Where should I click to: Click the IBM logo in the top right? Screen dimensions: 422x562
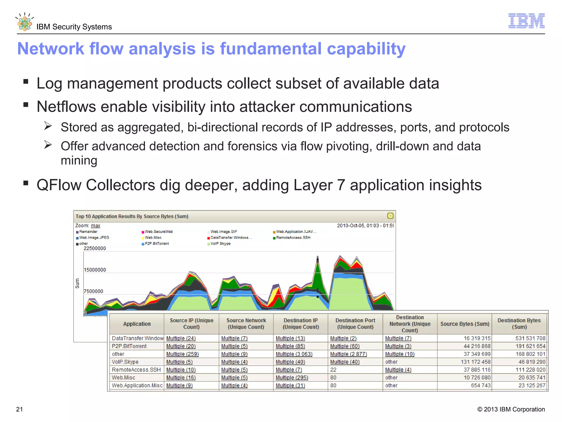(x=526, y=21)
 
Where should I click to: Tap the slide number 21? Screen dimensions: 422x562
(x=19, y=409)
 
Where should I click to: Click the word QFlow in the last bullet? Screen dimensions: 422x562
(x=59, y=185)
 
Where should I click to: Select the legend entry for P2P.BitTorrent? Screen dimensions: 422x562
(x=157, y=244)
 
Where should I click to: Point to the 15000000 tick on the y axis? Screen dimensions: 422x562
(x=95, y=270)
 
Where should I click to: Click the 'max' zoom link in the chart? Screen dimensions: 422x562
(x=95, y=226)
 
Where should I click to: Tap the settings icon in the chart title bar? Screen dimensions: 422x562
(x=390, y=216)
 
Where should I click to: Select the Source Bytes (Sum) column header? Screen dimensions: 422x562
(x=465, y=324)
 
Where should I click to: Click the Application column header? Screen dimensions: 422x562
(x=137, y=324)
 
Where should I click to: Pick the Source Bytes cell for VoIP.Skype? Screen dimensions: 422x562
(x=475, y=362)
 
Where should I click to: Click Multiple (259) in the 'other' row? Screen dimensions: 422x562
(x=182, y=354)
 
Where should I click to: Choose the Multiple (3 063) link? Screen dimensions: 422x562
(x=294, y=354)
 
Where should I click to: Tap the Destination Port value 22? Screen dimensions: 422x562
(x=333, y=370)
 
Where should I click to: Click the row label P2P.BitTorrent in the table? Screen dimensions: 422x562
(x=129, y=346)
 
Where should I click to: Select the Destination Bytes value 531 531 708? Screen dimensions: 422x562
(x=530, y=338)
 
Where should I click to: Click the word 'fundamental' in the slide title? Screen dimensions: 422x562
(x=271, y=49)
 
